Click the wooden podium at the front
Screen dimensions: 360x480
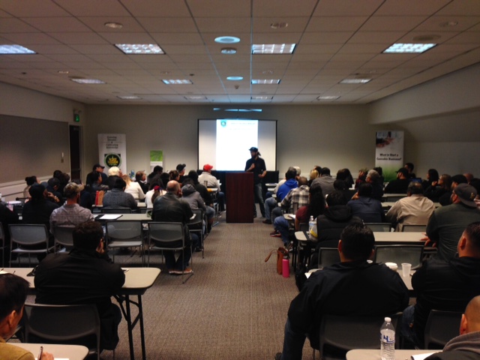[x=240, y=196]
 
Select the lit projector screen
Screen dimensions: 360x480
[x=237, y=144]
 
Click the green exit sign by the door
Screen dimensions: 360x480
[x=76, y=117]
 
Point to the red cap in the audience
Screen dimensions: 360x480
[x=208, y=168]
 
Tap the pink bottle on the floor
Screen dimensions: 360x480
[x=286, y=265]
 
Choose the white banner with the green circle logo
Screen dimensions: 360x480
[x=112, y=153]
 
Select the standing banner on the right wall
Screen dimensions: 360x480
[x=389, y=154]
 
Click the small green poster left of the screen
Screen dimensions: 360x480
[x=156, y=158]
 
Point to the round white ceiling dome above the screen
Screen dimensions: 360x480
[x=227, y=40]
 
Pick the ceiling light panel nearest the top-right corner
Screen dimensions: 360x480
[x=409, y=47]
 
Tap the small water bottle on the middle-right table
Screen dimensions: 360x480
[x=312, y=223]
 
